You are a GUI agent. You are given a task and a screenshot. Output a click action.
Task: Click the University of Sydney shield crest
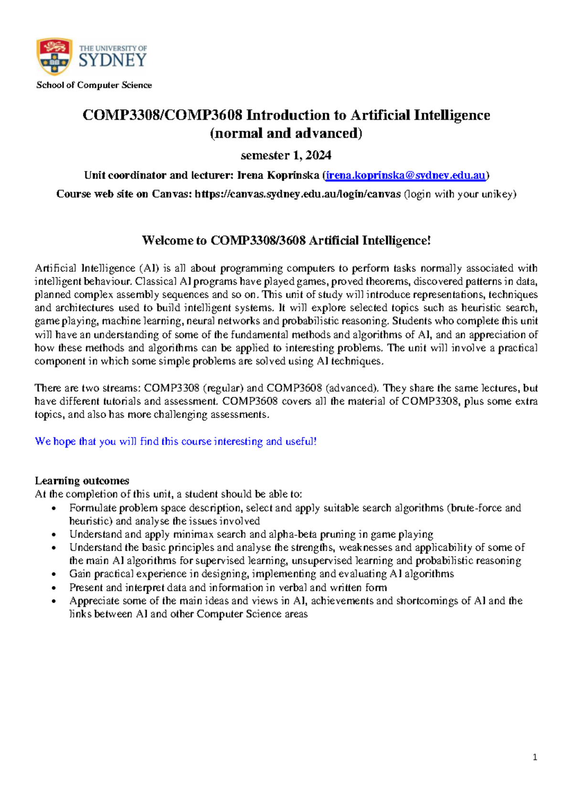54,56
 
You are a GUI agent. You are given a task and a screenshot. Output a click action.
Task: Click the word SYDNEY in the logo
113,60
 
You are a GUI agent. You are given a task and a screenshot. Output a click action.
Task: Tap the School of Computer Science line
94,85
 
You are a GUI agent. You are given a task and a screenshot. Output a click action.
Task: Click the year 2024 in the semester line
318,155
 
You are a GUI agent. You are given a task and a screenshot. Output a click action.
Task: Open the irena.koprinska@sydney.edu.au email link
405,175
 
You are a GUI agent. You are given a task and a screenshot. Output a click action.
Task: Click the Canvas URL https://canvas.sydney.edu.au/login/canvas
298,194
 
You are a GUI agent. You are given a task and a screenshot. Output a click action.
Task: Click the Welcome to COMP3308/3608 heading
286,240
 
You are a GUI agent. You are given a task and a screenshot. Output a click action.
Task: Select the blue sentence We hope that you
176,441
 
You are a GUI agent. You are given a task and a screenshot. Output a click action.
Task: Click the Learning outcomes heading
82,480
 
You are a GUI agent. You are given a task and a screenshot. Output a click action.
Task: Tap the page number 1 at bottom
535,757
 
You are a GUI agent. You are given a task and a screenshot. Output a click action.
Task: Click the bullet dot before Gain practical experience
55,575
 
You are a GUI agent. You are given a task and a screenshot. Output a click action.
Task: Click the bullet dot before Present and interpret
55,588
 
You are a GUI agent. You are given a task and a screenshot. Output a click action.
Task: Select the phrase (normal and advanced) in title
286,133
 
